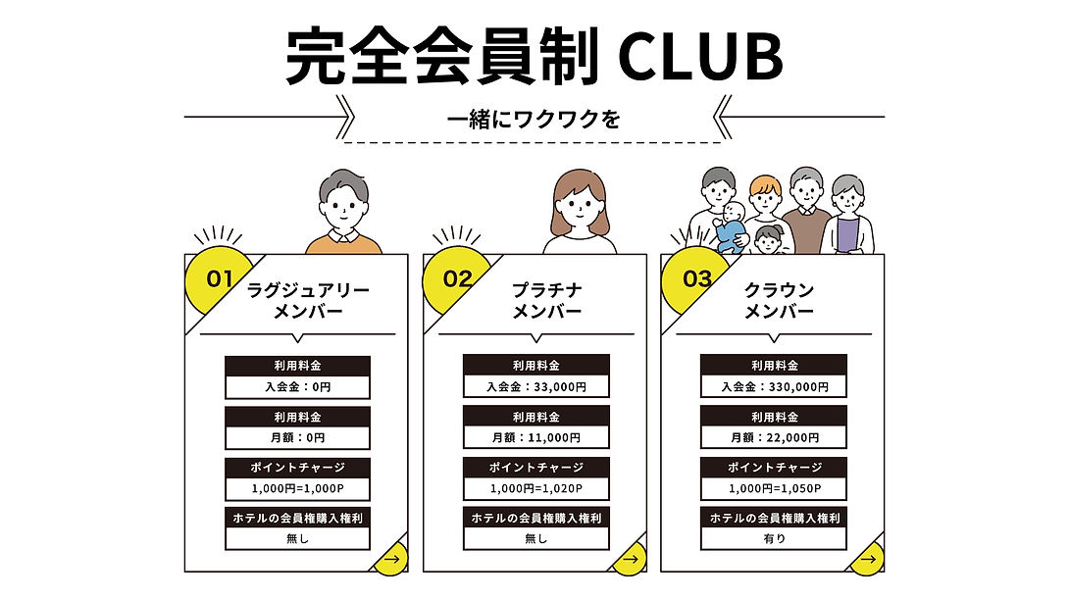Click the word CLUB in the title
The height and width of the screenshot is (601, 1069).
[701, 57]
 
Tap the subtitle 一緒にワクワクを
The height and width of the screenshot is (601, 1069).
[534, 121]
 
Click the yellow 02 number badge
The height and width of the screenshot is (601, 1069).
[457, 279]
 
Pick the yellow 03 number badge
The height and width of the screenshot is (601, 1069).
[695, 279]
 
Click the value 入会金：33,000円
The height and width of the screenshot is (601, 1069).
[535, 386]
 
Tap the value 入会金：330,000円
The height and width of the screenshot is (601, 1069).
[774, 386]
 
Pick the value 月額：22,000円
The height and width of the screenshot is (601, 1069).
[774, 437]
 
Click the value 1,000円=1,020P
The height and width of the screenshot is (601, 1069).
[535, 488]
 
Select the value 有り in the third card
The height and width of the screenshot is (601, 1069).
[774, 538]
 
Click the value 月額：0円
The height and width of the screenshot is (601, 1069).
[297, 437]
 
